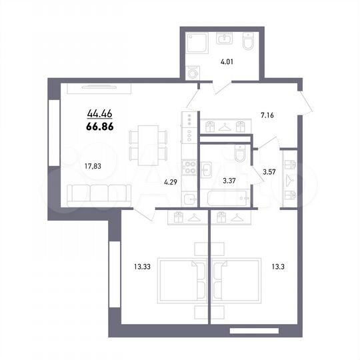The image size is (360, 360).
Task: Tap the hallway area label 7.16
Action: tap(267, 115)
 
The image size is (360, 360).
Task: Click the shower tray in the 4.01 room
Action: tap(198, 43)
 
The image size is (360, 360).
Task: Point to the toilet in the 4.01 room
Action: tap(247, 43)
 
